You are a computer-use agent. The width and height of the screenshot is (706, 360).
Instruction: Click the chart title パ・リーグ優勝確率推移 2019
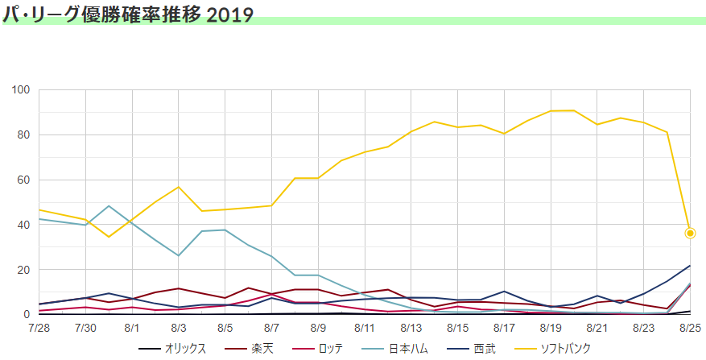tap(129, 14)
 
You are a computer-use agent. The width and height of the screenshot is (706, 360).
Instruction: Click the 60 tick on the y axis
tap(23, 180)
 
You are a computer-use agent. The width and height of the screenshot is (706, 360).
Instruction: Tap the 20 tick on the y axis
tap(23, 270)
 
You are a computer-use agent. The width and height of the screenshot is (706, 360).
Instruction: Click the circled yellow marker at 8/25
tap(690, 234)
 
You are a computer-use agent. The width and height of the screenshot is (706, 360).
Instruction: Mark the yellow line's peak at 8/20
tap(574, 110)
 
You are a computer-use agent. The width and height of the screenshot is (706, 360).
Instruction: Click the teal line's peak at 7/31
tap(109, 206)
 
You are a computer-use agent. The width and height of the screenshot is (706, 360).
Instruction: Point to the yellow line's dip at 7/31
tap(109, 237)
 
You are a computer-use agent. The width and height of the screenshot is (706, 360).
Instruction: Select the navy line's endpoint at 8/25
tap(690, 266)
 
